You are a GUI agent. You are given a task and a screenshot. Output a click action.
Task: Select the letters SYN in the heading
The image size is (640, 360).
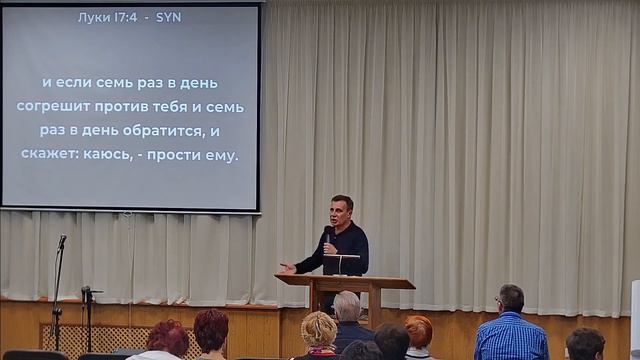point(169,18)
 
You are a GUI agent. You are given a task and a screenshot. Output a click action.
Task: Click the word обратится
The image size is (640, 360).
point(167,131)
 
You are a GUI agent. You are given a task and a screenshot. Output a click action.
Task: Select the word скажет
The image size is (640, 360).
point(49,155)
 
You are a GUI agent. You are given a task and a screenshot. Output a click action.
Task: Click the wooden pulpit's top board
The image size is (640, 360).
point(345,282)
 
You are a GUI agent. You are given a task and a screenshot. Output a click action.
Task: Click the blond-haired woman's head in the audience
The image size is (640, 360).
point(319,329)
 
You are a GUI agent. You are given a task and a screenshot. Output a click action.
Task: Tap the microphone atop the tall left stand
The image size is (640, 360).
point(62,241)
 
